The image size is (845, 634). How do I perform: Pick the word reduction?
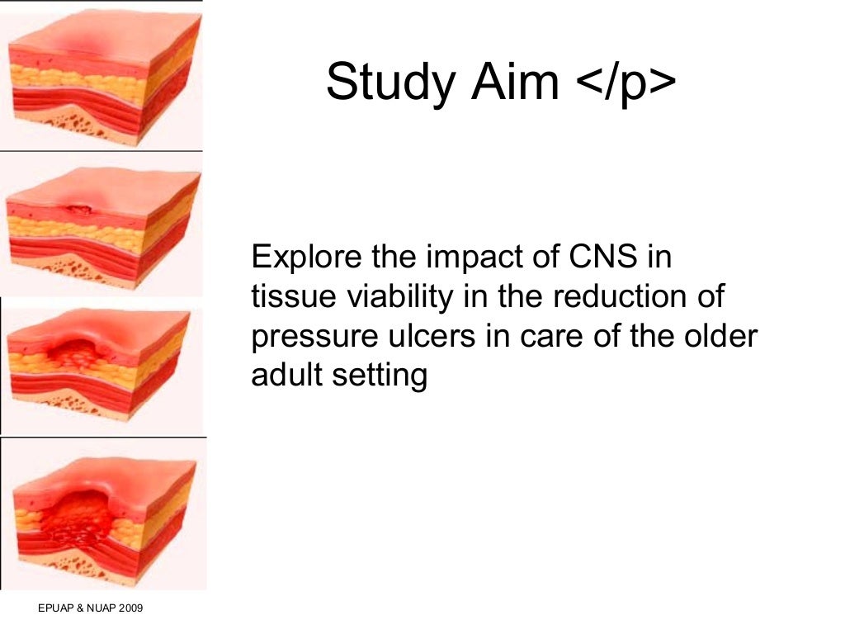point(626,297)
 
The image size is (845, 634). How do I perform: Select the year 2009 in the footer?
point(130,609)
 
